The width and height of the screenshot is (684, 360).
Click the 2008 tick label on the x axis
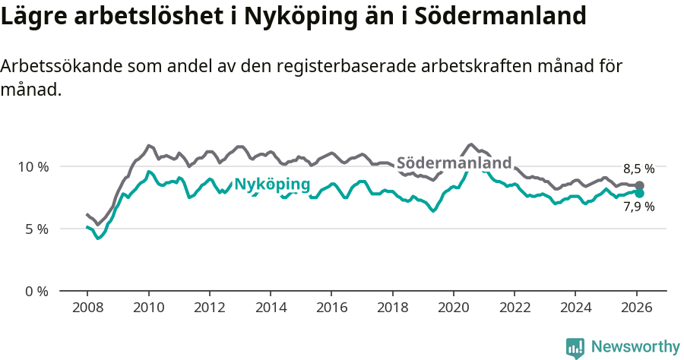87,309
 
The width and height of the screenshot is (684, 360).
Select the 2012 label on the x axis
209,309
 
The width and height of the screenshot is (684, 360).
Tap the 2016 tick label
331,309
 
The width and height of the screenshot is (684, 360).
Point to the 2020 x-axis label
454,309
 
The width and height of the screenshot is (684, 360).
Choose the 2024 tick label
575,309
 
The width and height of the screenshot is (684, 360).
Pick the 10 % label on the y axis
33,166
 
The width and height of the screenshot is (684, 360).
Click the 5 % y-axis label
36,229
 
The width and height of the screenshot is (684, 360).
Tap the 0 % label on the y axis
36,291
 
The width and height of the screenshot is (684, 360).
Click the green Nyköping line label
271,184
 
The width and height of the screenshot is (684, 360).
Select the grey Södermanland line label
454,163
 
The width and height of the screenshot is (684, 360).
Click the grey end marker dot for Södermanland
640,185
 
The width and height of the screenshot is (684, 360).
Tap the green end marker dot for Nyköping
640,193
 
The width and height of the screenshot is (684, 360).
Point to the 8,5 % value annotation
638,169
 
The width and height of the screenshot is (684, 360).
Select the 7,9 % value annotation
638,207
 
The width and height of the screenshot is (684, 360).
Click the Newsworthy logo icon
575,347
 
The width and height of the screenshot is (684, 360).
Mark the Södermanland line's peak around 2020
472,144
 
